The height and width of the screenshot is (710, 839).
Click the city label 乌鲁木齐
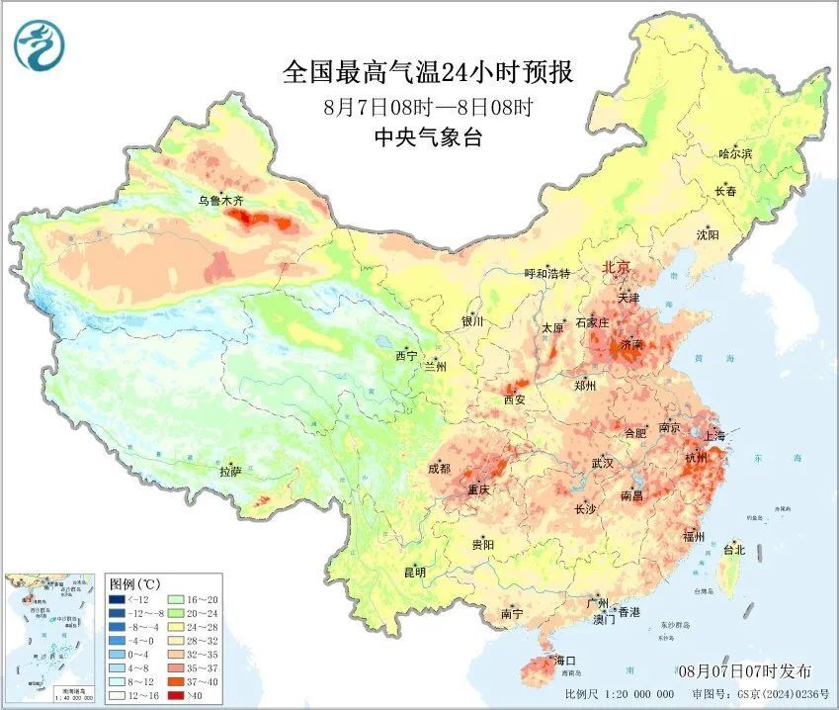point(219,201)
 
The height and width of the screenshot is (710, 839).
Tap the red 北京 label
point(617,267)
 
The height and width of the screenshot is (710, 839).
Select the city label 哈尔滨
point(734,153)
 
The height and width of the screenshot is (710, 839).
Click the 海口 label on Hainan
point(565,660)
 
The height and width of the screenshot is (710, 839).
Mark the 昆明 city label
point(414,572)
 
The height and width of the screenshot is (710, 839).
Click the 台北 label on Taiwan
point(734,549)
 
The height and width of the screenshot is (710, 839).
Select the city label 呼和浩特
point(546,274)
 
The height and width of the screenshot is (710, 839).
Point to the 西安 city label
point(515,400)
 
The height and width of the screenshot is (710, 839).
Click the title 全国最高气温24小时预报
point(428,72)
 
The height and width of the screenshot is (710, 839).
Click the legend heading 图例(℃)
point(136,583)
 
